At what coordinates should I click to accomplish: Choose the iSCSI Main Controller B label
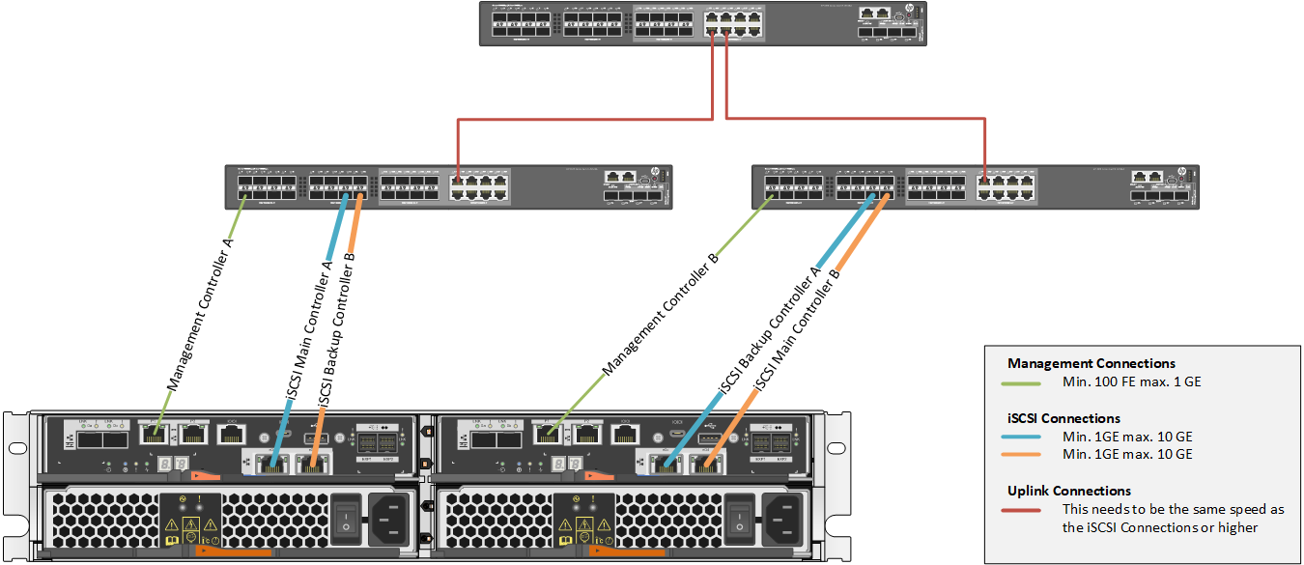[x=797, y=331]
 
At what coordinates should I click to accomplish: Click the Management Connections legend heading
[x=1091, y=364]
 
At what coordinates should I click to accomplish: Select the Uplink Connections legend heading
[x=1068, y=491]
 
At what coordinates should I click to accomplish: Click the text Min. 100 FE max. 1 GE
[x=1132, y=382]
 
